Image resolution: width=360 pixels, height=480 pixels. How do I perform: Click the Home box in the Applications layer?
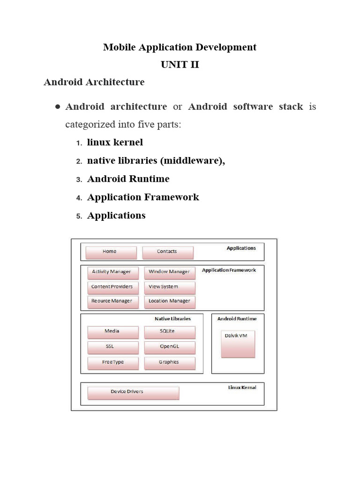click(111, 252)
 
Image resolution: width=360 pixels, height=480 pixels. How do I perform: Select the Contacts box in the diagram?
click(167, 252)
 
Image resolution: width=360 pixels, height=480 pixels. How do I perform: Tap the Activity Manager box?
click(112, 272)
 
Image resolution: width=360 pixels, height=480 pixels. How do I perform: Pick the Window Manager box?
click(169, 272)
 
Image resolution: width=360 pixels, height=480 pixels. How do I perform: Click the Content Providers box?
click(112, 287)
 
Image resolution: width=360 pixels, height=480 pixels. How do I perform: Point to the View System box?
click(169, 287)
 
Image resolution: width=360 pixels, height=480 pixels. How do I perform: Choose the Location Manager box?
click(169, 301)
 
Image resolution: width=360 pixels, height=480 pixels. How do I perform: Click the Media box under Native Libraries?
click(112, 332)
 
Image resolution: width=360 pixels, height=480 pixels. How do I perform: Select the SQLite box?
click(169, 332)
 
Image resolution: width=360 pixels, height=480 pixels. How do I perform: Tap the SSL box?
click(112, 347)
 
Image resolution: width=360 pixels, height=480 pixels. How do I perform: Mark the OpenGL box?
click(169, 347)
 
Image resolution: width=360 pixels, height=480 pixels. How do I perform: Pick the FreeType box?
click(112, 363)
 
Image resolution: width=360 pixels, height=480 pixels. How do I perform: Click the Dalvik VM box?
click(238, 343)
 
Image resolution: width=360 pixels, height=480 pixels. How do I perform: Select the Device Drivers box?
click(133, 393)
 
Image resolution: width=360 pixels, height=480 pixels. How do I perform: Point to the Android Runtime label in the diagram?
click(237, 319)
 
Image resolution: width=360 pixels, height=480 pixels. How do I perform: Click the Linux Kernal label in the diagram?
click(242, 388)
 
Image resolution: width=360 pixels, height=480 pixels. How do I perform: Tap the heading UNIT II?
click(180, 65)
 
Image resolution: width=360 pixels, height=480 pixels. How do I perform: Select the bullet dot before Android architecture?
click(57, 107)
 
